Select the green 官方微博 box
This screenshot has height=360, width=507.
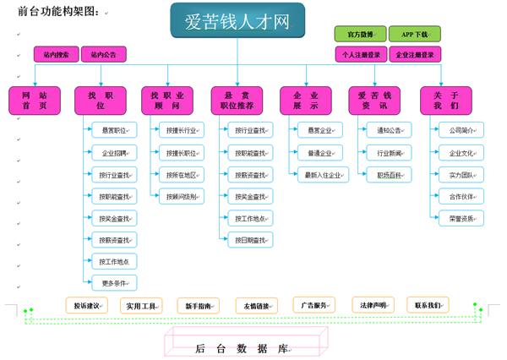pos(360,34)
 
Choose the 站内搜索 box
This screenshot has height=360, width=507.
pos(56,55)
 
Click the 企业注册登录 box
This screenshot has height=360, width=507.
pos(415,55)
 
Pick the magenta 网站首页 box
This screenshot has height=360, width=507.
pos(34,101)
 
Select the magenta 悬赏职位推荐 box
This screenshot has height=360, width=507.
pos(237,101)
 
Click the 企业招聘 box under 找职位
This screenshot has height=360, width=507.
pos(114,153)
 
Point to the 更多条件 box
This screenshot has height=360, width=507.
pos(114,283)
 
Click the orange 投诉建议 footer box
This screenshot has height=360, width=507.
pos(88,305)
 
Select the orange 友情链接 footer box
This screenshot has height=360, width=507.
pos(257,305)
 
